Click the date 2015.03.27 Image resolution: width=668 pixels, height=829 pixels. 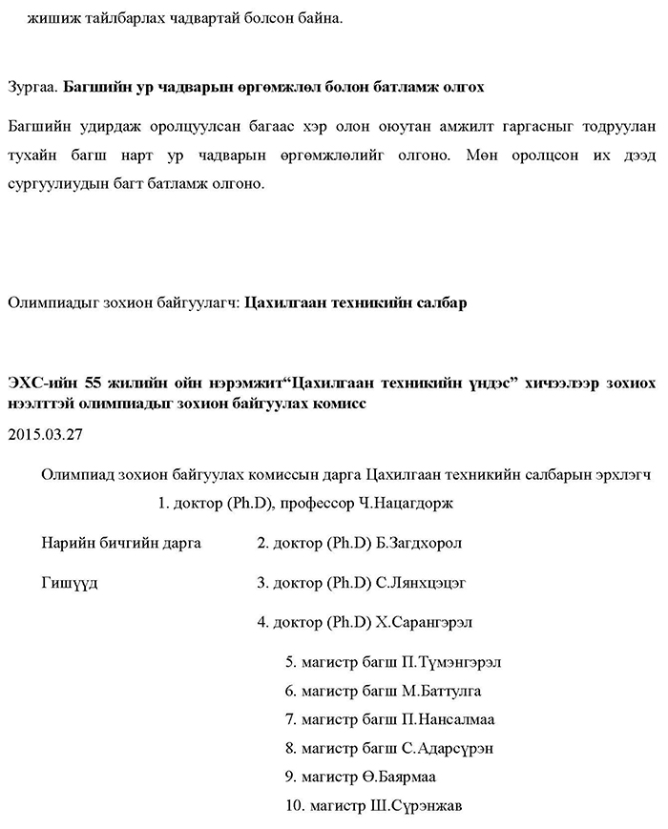pyautogui.click(x=46, y=433)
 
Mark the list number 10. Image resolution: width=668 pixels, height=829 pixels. pyautogui.click(x=294, y=806)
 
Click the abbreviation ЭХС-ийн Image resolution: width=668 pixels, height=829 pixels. pyautogui.click(x=38, y=383)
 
